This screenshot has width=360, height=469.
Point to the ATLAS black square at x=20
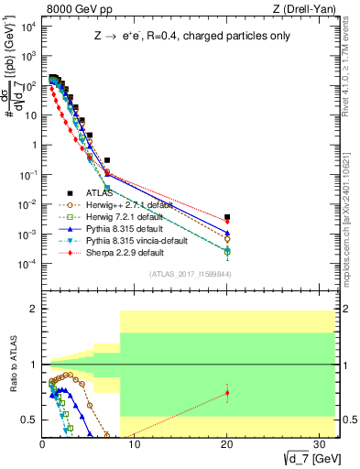click(227, 217)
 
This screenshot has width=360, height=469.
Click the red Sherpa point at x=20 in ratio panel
click(227, 393)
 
